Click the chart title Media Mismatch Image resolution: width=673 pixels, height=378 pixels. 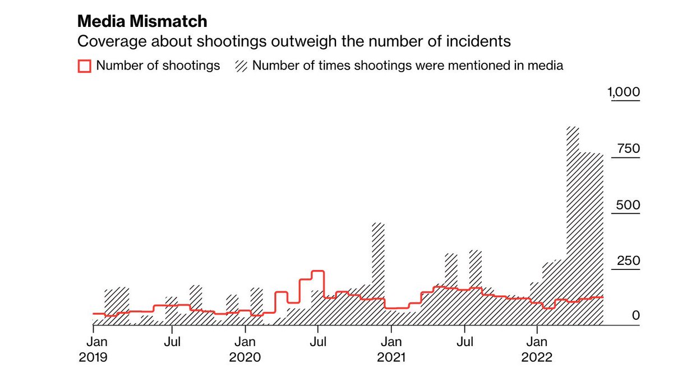point(142,22)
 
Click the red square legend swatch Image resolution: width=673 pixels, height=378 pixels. point(84,66)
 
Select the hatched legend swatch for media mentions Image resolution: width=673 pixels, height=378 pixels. point(241,66)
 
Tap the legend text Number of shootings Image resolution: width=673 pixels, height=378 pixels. point(158,66)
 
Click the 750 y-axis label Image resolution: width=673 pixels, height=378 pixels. point(628,149)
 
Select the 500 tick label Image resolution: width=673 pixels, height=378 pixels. point(628,205)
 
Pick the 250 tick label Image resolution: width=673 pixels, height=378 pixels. point(628,261)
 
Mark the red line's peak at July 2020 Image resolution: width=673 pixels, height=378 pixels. point(318,271)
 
